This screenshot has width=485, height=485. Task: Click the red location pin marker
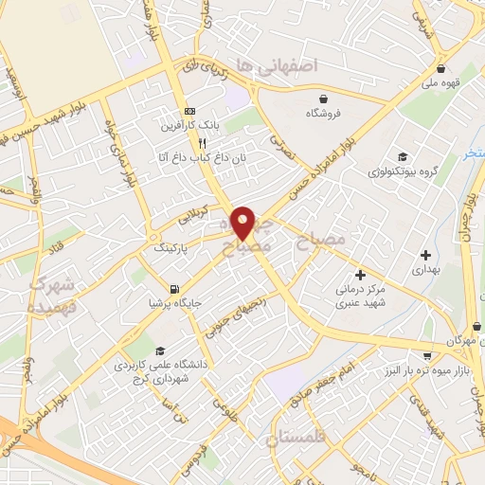click(243, 222)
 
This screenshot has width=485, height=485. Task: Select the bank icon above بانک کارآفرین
click(189, 110)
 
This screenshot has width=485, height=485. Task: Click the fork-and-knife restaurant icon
click(202, 142)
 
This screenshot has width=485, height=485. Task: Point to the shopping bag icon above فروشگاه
click(324, 99)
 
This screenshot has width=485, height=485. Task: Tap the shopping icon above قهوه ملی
click(441, 68)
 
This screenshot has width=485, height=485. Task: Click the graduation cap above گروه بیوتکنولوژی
click(403, 157)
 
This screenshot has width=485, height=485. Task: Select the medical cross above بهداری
click(426, 254)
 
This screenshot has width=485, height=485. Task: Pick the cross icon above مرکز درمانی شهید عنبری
click(361, 275)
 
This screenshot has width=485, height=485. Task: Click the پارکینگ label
click(172, 247)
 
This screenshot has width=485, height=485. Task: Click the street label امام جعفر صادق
click(319, 379)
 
